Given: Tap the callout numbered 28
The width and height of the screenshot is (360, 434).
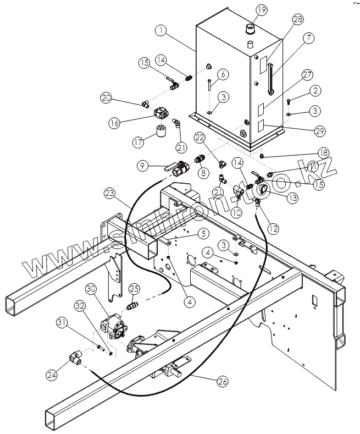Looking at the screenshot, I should [x=298, y=20].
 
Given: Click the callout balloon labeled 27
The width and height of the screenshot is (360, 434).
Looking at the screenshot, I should [x=307, y=74].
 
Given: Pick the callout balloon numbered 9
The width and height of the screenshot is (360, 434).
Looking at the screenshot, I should [x=142, y=164].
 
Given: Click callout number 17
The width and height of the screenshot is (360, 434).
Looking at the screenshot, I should [x=139, y=141].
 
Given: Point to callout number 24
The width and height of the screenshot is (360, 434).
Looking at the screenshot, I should [x=52, y=375].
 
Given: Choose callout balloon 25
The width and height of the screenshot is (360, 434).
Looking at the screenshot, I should [x=135, y=289].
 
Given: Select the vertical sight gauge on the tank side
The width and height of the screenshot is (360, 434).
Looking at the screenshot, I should [x=269, y=78].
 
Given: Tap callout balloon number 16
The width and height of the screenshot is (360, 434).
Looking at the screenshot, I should [x=114, y=123].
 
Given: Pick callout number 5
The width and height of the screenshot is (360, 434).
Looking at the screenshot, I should [x=203, y=233].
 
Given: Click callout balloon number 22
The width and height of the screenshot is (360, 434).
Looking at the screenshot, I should [x=200, y=137].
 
